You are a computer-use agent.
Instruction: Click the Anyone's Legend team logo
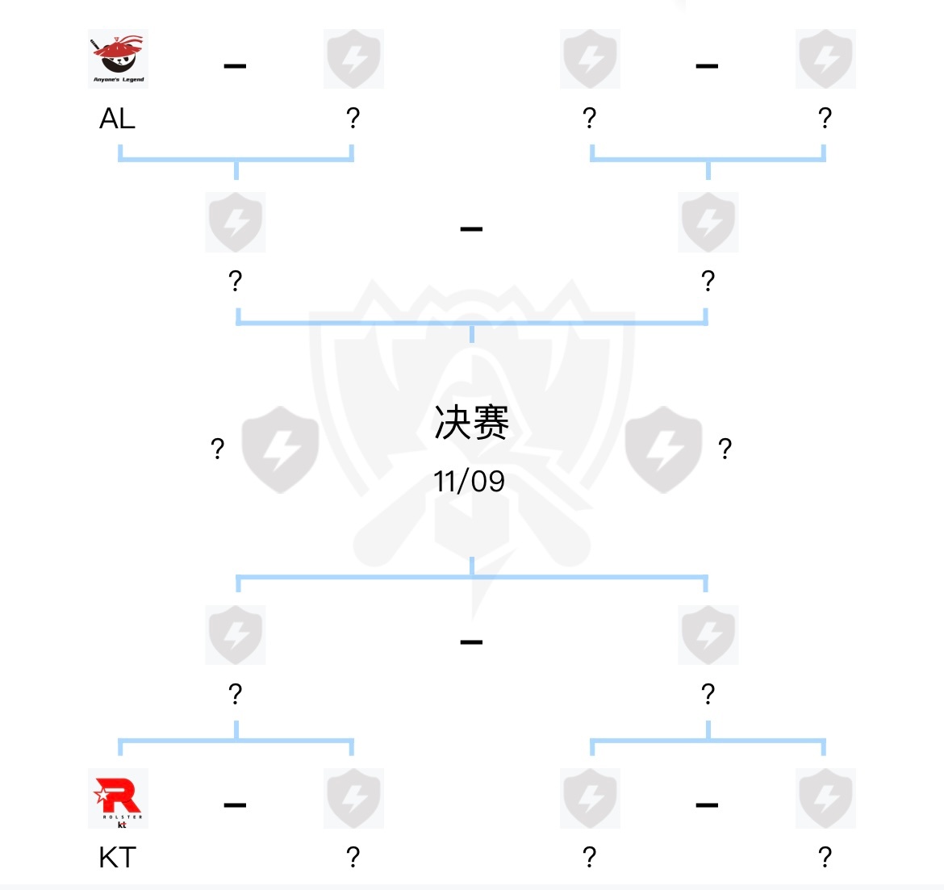point(118,59)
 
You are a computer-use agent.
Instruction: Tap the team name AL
point(117,119)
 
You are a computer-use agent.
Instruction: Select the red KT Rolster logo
point(118,798)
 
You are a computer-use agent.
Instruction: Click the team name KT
point(117,857)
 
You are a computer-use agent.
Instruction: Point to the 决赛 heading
point(471,422)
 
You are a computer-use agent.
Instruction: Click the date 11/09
point(469,482)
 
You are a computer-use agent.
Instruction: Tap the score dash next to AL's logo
point(235,66)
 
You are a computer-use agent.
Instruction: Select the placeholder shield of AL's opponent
point(353,59)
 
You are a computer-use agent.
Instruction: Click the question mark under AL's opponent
point(353,119)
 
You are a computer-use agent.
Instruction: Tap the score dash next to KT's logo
point(235,805)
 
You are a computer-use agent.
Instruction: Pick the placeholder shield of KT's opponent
point(353,798)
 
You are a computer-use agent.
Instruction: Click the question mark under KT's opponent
point(353,857)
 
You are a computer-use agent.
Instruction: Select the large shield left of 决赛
point(280,449)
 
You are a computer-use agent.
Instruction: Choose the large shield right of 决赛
point(663,449)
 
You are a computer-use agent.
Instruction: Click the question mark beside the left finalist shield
point(217,449)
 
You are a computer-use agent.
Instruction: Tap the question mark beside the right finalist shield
point(725,449)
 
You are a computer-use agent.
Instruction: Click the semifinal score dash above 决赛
point(471,230)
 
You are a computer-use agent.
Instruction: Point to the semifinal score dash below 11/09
point(471,642)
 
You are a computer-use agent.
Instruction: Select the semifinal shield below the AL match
point(235,222)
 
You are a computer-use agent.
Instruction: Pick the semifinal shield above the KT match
point(235,635)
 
